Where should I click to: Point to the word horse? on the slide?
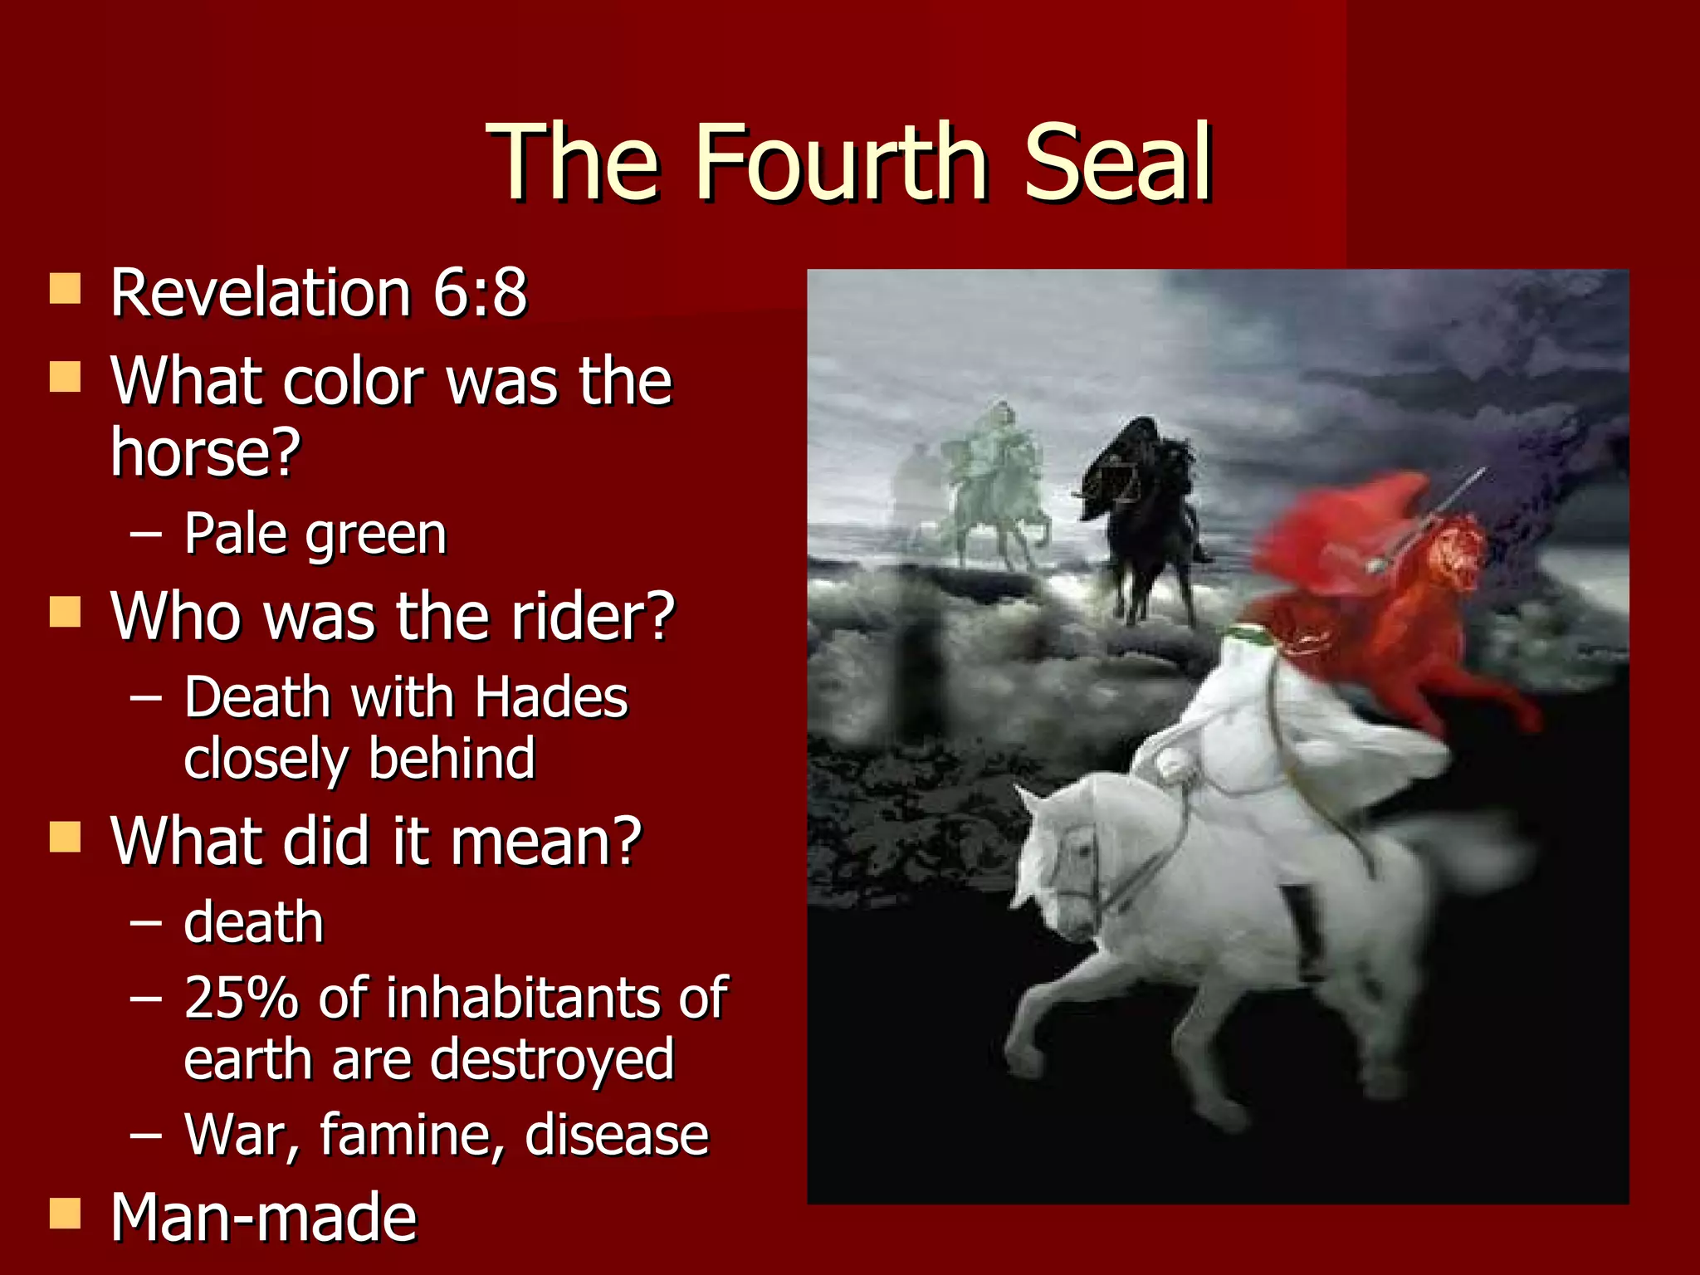[x=206, y=452]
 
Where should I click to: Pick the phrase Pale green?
[x=315, y=534]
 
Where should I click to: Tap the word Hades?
[x=551, y=696]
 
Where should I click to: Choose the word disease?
[x=617, y=1134]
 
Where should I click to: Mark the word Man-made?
[x=264, y=1217]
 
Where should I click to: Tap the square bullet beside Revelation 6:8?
[x=65, y=289]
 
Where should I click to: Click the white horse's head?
[x=1058, y=863]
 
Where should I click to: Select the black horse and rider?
[x=1146, y=506]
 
